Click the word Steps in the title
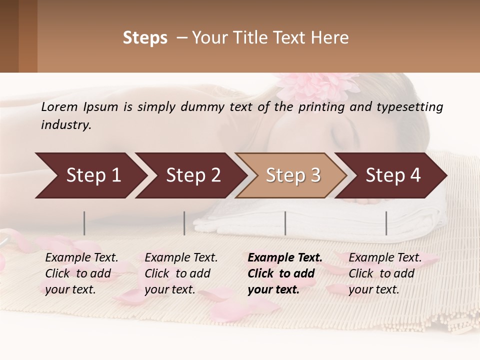[145, 38]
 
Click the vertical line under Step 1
[84, 223]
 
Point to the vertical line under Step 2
[184, 223]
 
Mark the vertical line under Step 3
[285, 223]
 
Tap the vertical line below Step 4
[386, 223]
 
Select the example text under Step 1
[81, 273]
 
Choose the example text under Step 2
[180, 273]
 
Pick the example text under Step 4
[384, 273]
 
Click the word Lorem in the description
[59, 107]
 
